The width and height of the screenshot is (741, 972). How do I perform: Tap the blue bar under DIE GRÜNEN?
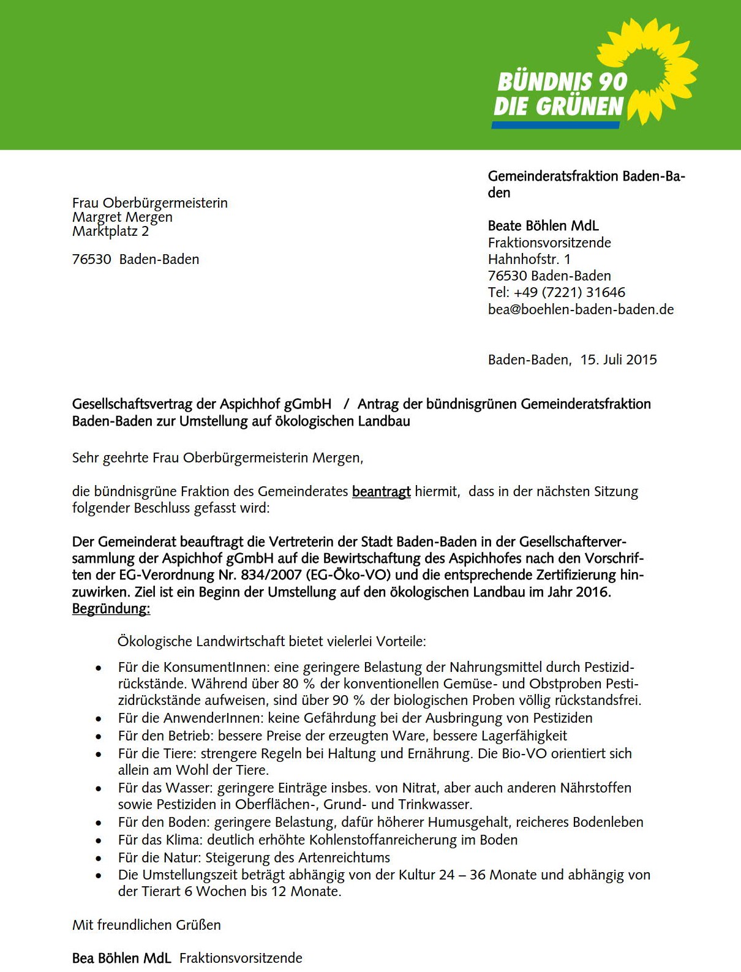click(555, 125)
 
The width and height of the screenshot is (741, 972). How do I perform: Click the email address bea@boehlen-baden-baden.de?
click(581, 309)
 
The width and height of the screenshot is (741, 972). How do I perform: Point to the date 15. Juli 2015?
click(619, 360)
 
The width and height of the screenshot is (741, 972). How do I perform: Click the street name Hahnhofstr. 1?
click(529, 259)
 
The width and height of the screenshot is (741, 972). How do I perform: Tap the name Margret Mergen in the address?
click(122, 217)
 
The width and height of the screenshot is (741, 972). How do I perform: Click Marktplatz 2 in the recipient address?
click(110, 232)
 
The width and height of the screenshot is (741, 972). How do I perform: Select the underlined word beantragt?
click(381, 491)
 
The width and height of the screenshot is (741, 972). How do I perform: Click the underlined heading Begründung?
click(111, 609)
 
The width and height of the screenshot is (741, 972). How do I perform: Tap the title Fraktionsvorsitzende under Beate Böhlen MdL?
click(549, 243)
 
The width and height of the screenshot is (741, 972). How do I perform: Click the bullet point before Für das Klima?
click(99, 840)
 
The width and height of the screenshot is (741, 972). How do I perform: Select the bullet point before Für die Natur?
click(99, 858)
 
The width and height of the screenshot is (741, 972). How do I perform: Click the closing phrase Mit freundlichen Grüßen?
click(146, 925)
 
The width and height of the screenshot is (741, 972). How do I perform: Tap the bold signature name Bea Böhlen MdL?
click(121, 958)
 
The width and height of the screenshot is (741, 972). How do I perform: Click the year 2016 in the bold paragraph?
click(592, 592)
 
